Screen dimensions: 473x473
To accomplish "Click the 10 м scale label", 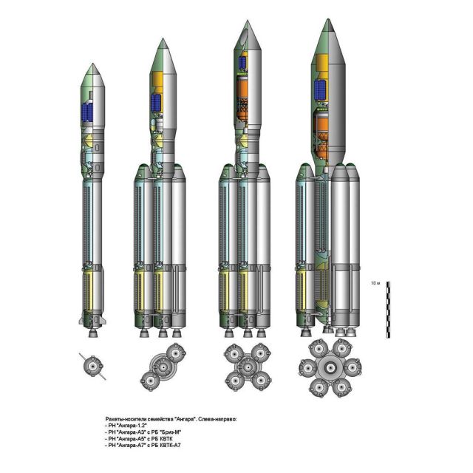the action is click(x=375, y=284).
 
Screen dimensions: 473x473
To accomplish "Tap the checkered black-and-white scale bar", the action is click(x=388, y=310).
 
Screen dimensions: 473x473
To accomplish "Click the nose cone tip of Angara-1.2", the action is click(x=92, y=64).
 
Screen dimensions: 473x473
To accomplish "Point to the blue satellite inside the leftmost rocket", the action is click(x=88, y=112).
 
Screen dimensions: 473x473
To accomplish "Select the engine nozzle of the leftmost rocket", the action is click(x=93, y=333).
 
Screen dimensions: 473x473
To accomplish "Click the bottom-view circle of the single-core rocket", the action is click(x=93, y=367).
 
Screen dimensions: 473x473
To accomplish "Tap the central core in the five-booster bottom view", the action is click(x=248, y=367).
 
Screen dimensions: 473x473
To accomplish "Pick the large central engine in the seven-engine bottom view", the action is click(x=330, y=367).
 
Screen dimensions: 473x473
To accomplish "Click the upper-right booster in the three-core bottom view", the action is click(x=176, y=353).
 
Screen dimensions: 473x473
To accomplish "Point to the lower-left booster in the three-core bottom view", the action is click(x=150, y=381).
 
